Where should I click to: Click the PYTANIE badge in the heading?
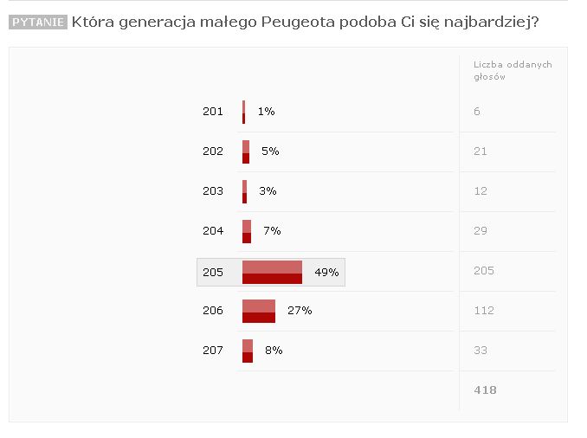pos(38,22)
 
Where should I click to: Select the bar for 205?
pos(272,272)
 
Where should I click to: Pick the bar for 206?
pos(259,312)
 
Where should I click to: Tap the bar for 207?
pos(248,351)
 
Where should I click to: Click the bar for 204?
pos(247,231)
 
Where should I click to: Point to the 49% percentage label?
pos(326,272)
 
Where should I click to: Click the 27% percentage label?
pos(300,311)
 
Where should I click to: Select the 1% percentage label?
pos(266,112)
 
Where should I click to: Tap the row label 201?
pos(213,112)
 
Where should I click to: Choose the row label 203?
pos(213,191)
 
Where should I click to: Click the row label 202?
pos(213,151)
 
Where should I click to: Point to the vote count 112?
pos(484,311)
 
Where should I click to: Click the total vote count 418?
pos(485,390)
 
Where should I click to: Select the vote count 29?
pos(481,231)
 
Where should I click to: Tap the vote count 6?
pos(477,112)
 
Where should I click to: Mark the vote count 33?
pos(481,351)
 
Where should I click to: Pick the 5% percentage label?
pos(270,151)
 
